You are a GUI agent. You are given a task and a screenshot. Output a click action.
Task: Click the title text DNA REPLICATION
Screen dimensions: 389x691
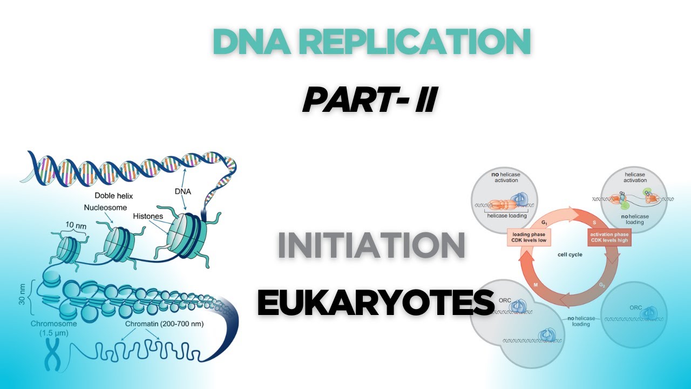pyautogui.click(x=371, y=42)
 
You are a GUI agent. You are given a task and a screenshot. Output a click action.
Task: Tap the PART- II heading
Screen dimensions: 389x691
pyautogui.click(x=369, y=100)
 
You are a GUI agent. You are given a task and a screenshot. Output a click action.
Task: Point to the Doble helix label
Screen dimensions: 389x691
pyautogui.click(x=113, y=196)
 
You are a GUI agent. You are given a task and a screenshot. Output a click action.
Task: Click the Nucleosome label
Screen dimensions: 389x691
pyautogui.click(x=105, y=207)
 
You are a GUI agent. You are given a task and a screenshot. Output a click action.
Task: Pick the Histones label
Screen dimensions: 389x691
pyautogui.click(x=148, y=216)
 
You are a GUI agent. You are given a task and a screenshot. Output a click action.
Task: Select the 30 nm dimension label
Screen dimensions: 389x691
pyautogui.click(x=22, y=293)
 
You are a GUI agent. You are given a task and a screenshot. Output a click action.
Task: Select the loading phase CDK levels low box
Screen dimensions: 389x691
pyautogui.click(x=527, y=237)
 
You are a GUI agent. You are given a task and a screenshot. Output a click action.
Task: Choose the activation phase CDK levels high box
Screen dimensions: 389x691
pyautogui.click(x=609, y=237)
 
